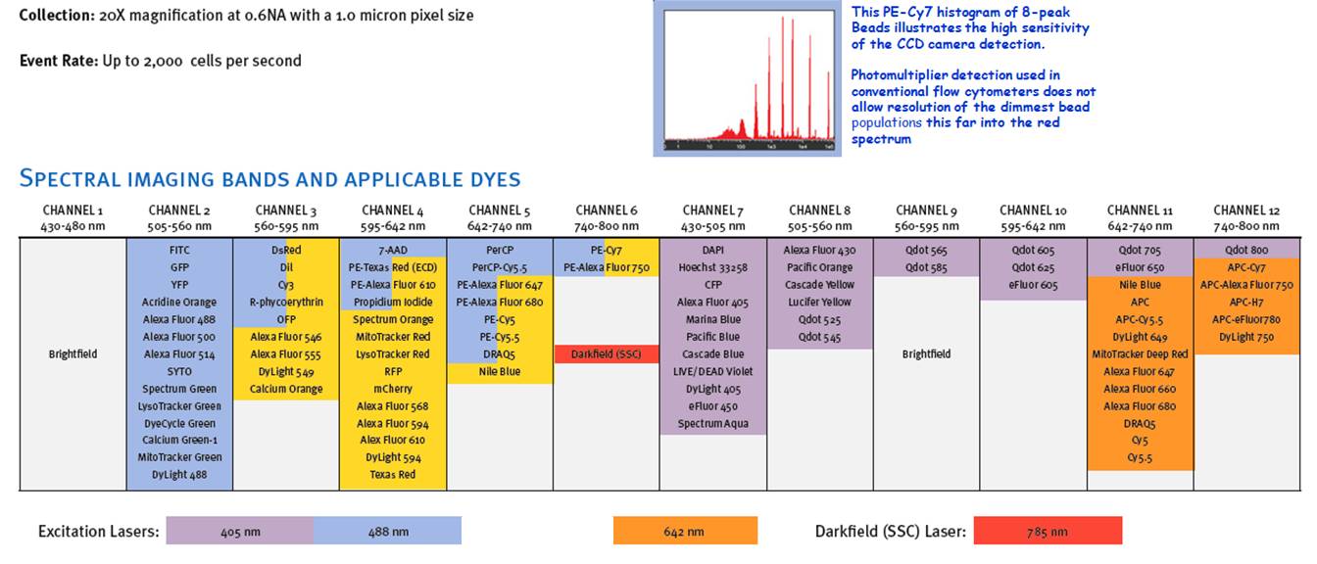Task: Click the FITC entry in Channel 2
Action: click(179, 250)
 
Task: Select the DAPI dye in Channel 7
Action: click(712, 250)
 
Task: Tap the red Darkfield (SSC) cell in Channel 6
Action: click(606, 353)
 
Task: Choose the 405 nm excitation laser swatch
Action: click(240, 531)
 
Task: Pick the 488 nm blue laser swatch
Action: click(388, 531)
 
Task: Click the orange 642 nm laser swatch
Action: click(685, 531)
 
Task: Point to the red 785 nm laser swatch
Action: click(1048, 531)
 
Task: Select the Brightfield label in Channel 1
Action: click(73, 353)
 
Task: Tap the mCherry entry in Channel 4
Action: click(393, 389)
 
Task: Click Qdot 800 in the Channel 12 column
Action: click(1245, 250)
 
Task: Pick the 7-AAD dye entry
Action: click(393, 250)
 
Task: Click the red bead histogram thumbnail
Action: click(750, 78)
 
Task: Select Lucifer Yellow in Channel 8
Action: click(818, 302)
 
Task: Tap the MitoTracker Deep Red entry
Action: click(1140, 353)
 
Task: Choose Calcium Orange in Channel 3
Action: click(286, 389)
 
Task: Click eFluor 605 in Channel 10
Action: click(1033, 284)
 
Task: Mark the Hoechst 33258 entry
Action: click(712, 267)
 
